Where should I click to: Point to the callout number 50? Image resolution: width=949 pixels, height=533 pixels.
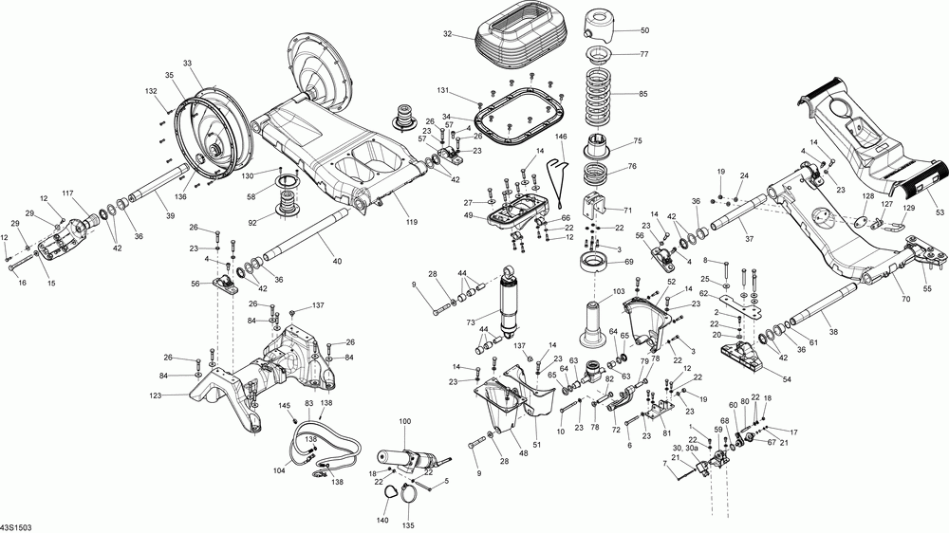pos(644,30)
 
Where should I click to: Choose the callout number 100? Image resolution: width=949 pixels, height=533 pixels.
pos(405,420)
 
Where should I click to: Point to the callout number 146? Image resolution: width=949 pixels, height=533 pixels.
pos(561,137)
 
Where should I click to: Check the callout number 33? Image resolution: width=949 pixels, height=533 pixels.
pos(187,63)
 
